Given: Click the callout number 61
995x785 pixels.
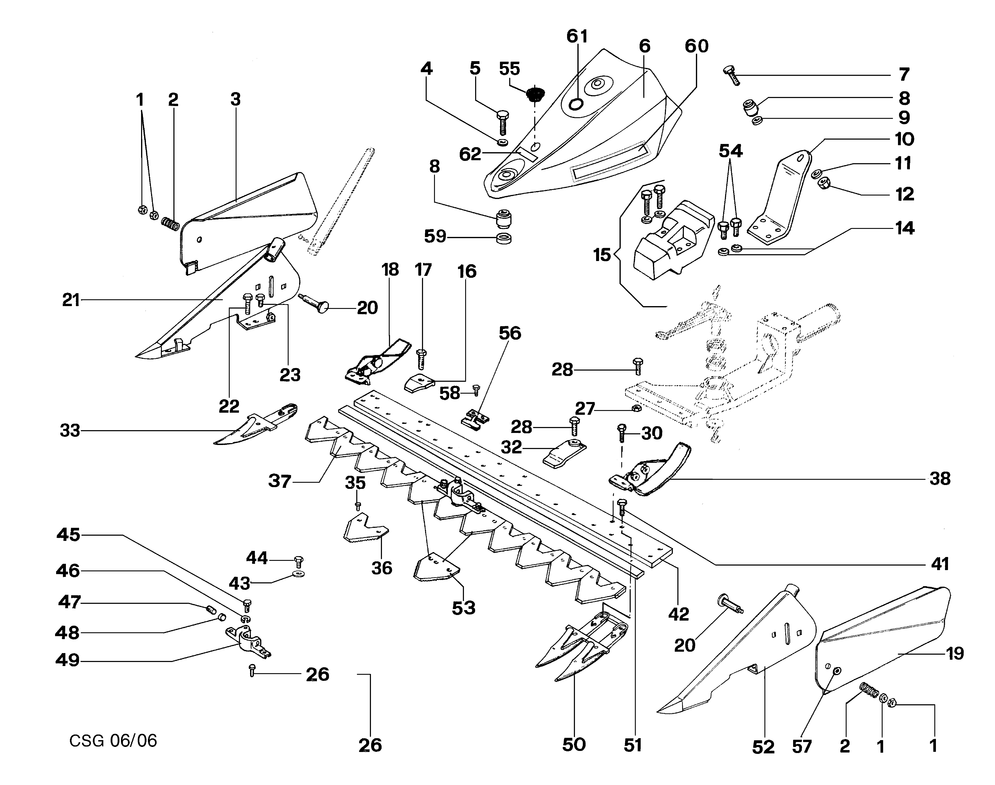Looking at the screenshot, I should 577,36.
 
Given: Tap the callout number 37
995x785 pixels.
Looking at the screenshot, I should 280,482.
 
